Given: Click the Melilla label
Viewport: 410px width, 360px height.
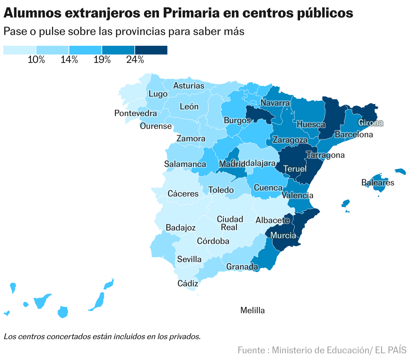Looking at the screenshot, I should [252, 311].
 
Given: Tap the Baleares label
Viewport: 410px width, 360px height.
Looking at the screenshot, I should [378, 183].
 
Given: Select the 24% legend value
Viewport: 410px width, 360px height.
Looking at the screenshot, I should [135, 60].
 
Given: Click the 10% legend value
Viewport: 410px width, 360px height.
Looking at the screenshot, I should [36, 60].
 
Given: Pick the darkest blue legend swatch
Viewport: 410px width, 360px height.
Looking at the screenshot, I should [151, 50].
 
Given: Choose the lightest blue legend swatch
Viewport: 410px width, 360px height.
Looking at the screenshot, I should [19, 50].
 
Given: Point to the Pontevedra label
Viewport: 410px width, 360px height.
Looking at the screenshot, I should [135, 113].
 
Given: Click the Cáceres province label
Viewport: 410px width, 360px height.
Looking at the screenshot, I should [183, 194].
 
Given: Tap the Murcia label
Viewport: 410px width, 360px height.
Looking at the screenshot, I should [283, 236].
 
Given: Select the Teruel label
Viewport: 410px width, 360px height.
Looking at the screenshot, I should [295, 169].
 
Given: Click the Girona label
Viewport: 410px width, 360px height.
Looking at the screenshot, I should [370, 123].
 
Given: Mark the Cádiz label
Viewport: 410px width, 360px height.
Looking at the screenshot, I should [188, 284].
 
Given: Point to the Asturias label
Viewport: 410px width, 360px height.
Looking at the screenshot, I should [189, 86].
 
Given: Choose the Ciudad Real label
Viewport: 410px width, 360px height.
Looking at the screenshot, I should [230, 223].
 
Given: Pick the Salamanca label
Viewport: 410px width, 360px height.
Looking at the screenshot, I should [185, 164].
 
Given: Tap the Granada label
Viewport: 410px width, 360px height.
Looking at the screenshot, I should [242, 267].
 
